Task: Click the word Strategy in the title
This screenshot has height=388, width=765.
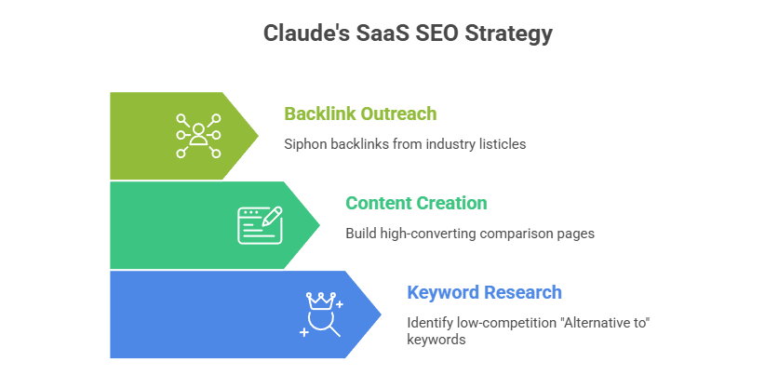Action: pos(510,33)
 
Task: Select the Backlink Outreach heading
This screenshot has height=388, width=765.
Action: pos(360,114)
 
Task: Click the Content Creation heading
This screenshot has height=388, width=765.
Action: pos(416,203)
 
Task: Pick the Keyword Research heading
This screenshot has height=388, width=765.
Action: pos(484,292)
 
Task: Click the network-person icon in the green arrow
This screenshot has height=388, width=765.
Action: pos(198,136)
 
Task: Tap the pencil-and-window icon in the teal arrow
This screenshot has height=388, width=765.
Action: pos(260,225)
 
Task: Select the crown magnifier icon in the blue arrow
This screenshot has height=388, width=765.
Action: pos(322,314)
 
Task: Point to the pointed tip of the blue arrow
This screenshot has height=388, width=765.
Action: pos(382,314)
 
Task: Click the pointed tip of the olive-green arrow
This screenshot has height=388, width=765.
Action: pos(259,135)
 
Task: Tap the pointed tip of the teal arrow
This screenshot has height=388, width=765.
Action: pos(321,225)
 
